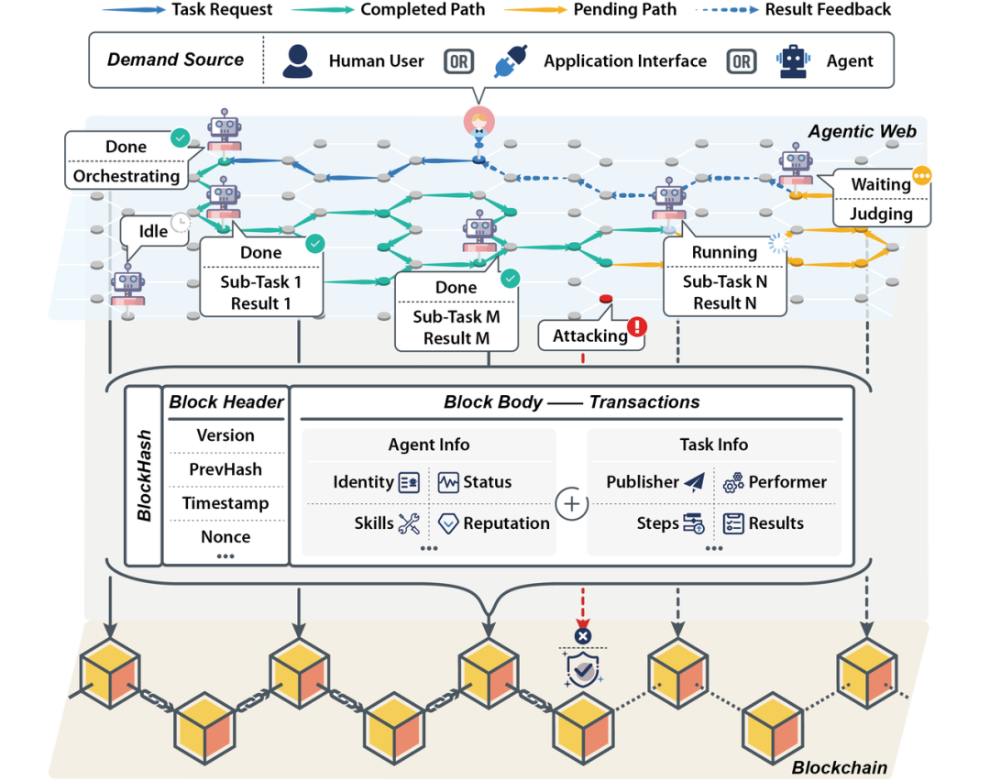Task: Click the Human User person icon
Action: [297, 60]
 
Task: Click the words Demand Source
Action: [175, 60]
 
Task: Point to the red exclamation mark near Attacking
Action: [636, 326]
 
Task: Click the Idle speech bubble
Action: [153, 231]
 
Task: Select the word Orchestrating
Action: [126, 176]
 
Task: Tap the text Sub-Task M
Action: [456, 318]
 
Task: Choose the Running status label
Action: [724, 252]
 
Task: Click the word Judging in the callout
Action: [881, 214]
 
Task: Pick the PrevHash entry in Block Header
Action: [225, 469]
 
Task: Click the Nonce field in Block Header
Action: [225, 537]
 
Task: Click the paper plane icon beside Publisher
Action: [695, 482]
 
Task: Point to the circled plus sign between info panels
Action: [571, 503]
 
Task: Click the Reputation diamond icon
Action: [447, 523]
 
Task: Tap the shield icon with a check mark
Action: [582, 669]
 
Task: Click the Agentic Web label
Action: [862, 132]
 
